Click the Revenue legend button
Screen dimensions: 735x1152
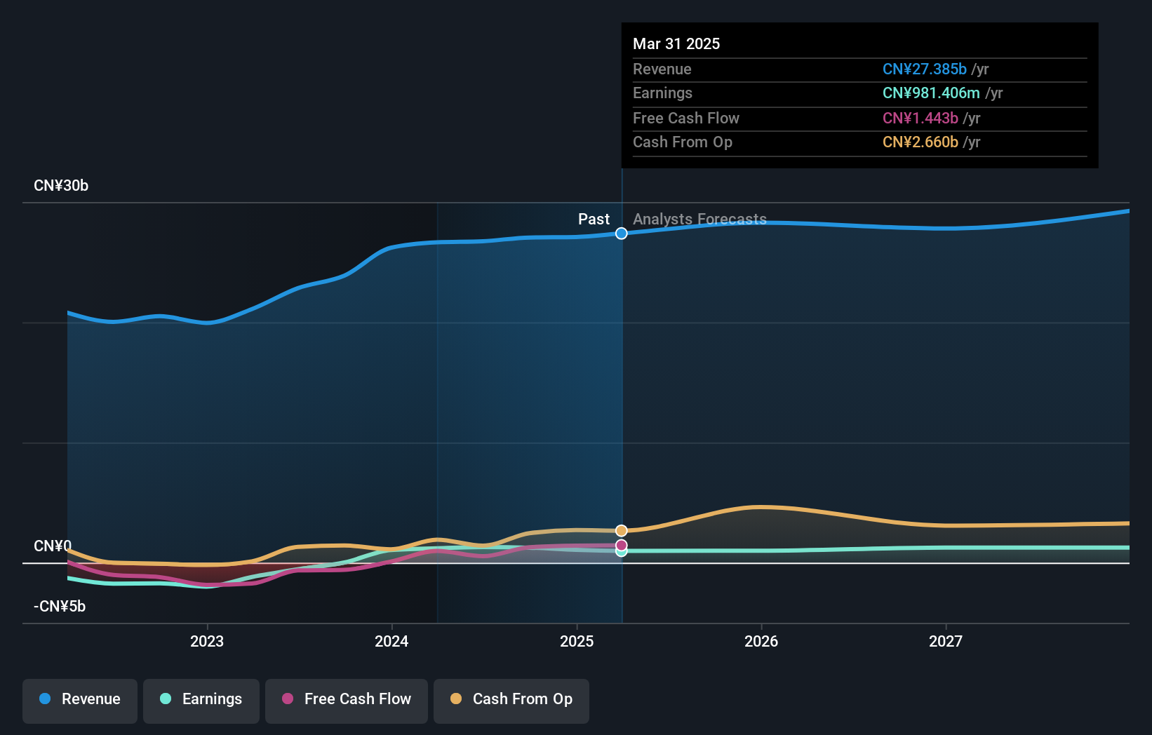click(x=80, y=699)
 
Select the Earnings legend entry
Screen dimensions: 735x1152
click(x=201, y=699)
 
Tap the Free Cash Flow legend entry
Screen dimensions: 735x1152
click(x=347, y=699)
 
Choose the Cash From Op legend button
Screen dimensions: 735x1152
click(x=511, y=699)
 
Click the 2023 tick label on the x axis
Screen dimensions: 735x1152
click(x=207, y=641)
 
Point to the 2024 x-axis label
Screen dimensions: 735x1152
click(x=391, y=641)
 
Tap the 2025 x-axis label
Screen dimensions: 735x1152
click(x=577, y=641)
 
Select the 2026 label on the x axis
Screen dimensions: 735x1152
click(x=761, y=641)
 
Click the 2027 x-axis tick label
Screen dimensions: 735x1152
click(x=946, y=641)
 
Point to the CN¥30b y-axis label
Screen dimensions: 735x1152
click(x=61, y=186)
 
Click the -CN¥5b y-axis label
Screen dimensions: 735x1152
click(x=60, y=607)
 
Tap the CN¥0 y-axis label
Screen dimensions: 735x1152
click(x=53, y=546)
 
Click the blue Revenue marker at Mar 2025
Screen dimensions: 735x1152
click(x=622, y=234)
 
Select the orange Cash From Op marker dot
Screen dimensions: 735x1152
click(x=622, y=531)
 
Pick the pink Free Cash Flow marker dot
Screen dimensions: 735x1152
click(x=622, y=545)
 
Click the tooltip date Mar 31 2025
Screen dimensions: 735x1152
click(x=676, y=43)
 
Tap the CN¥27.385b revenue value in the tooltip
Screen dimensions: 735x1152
click(x=924, y=69)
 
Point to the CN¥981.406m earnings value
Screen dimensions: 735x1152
click(x=931, y=93)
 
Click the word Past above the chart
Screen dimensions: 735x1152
click(x=594, y=220)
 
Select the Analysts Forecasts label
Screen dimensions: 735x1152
click(x=699, y=220)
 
